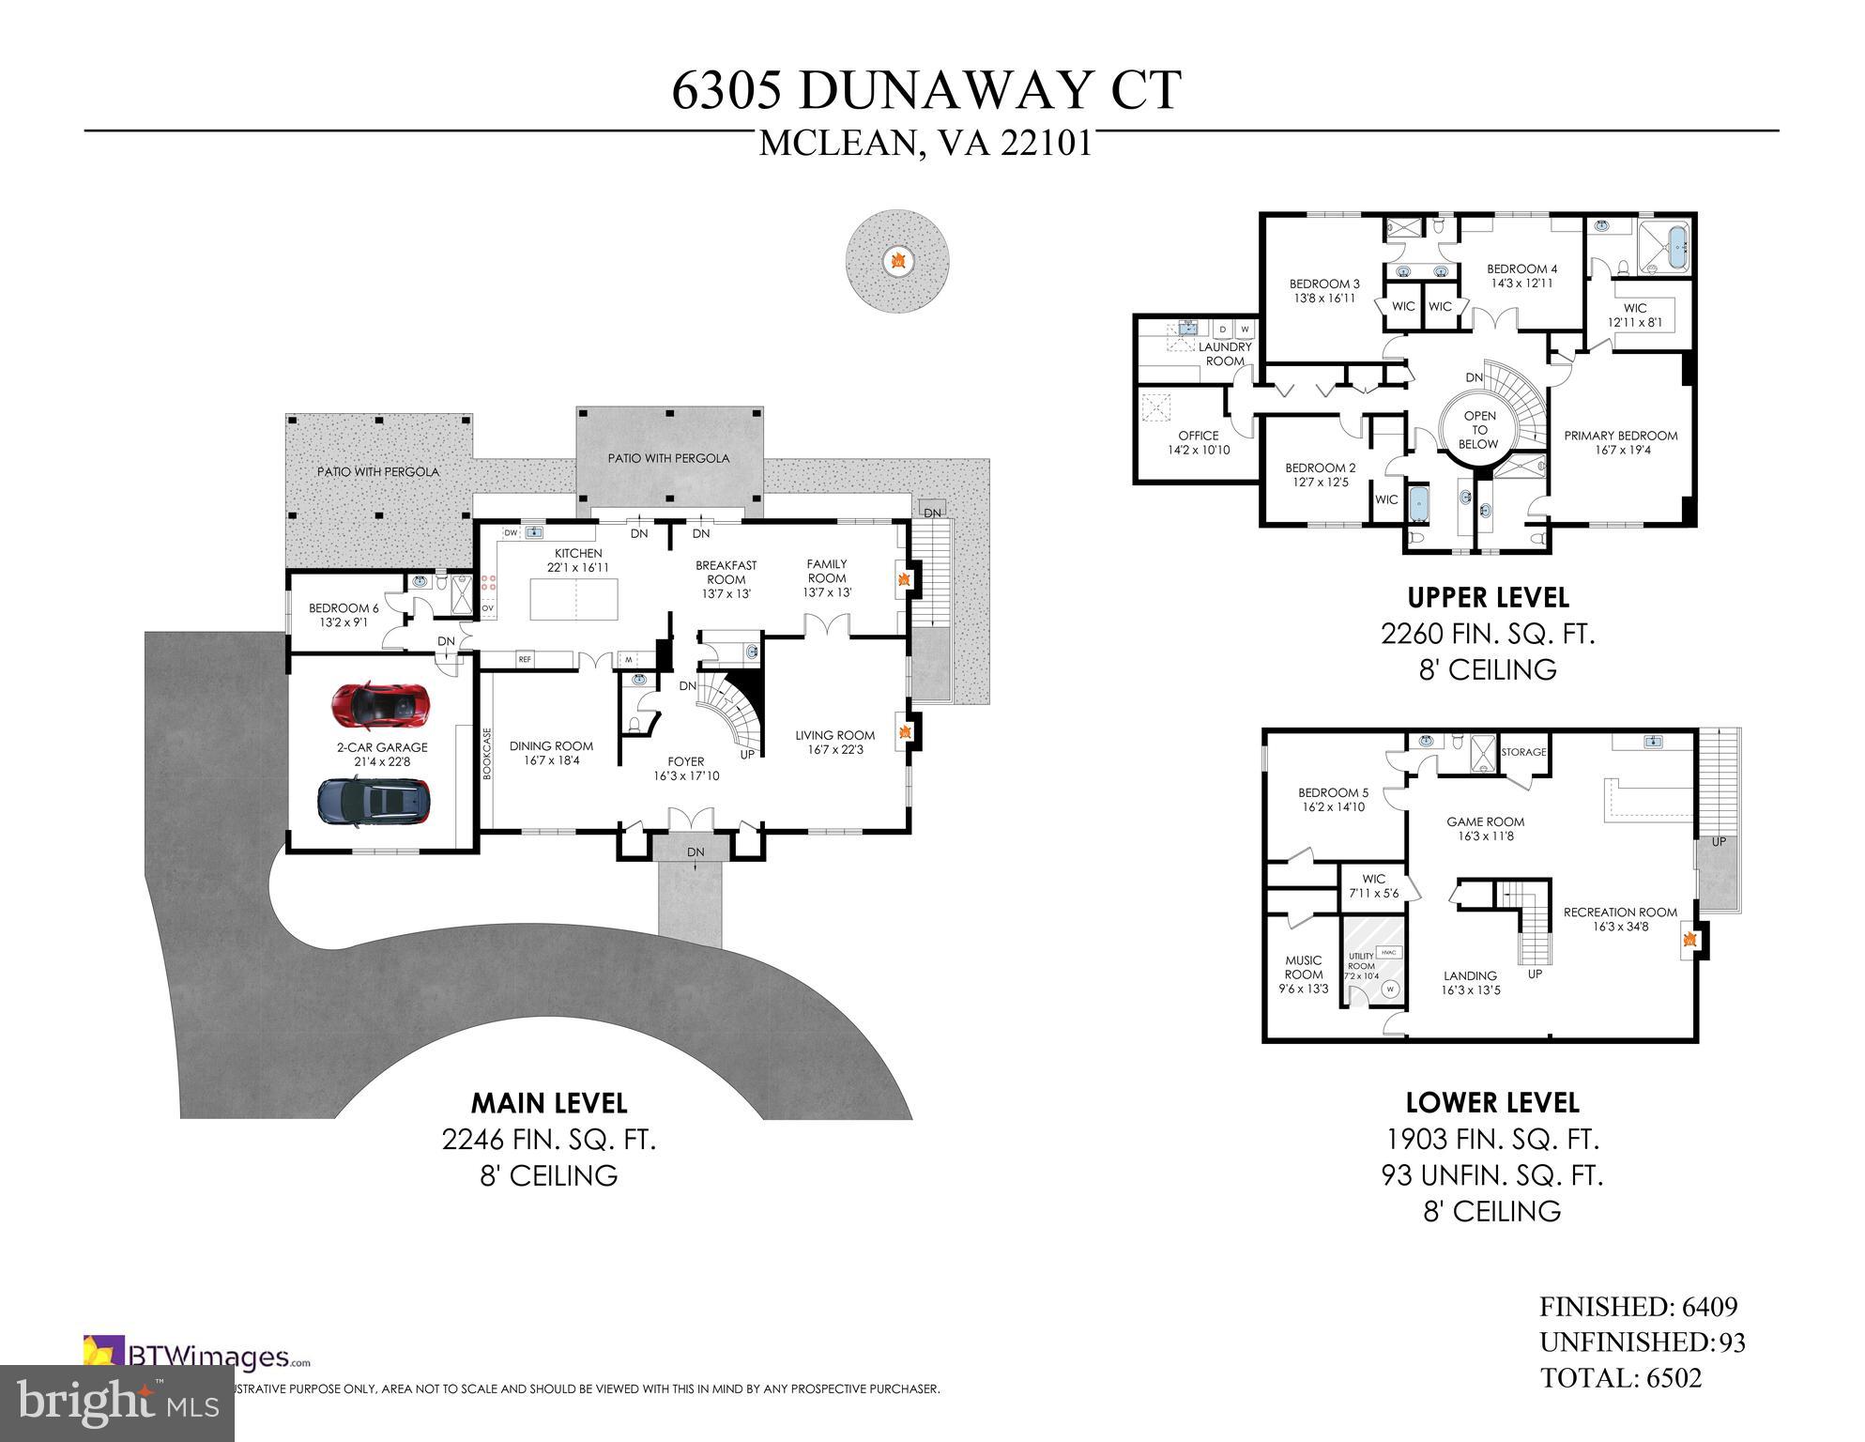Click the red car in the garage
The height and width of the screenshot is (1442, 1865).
pyautogui.click(x=382, y=705)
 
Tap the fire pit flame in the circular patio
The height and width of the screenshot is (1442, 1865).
pyautogui.click(x=897, y=258)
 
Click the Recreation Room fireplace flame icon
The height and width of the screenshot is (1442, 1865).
pyautogui.click(x=1689, y=939)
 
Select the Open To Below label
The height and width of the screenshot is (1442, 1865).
pyautogui.click(x=1479, y=430)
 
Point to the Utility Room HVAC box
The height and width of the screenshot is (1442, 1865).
pyautogui.click(x=1390, y=952)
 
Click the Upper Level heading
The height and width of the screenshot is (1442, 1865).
pyautogui.click(x=1488, y=597)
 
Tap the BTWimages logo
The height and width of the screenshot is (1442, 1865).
pyautogui.click(x=197, y=1357)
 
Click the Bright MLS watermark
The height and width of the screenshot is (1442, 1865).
pyautogui.click(x=116, y=1404)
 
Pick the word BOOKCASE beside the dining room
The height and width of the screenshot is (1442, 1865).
pyautogui.click(x=487, y=753)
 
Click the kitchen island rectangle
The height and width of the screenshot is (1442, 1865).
pyautogui.click(x=574, y=599)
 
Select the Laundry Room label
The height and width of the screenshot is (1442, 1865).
pyautogui.click(x=1225, y=354)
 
